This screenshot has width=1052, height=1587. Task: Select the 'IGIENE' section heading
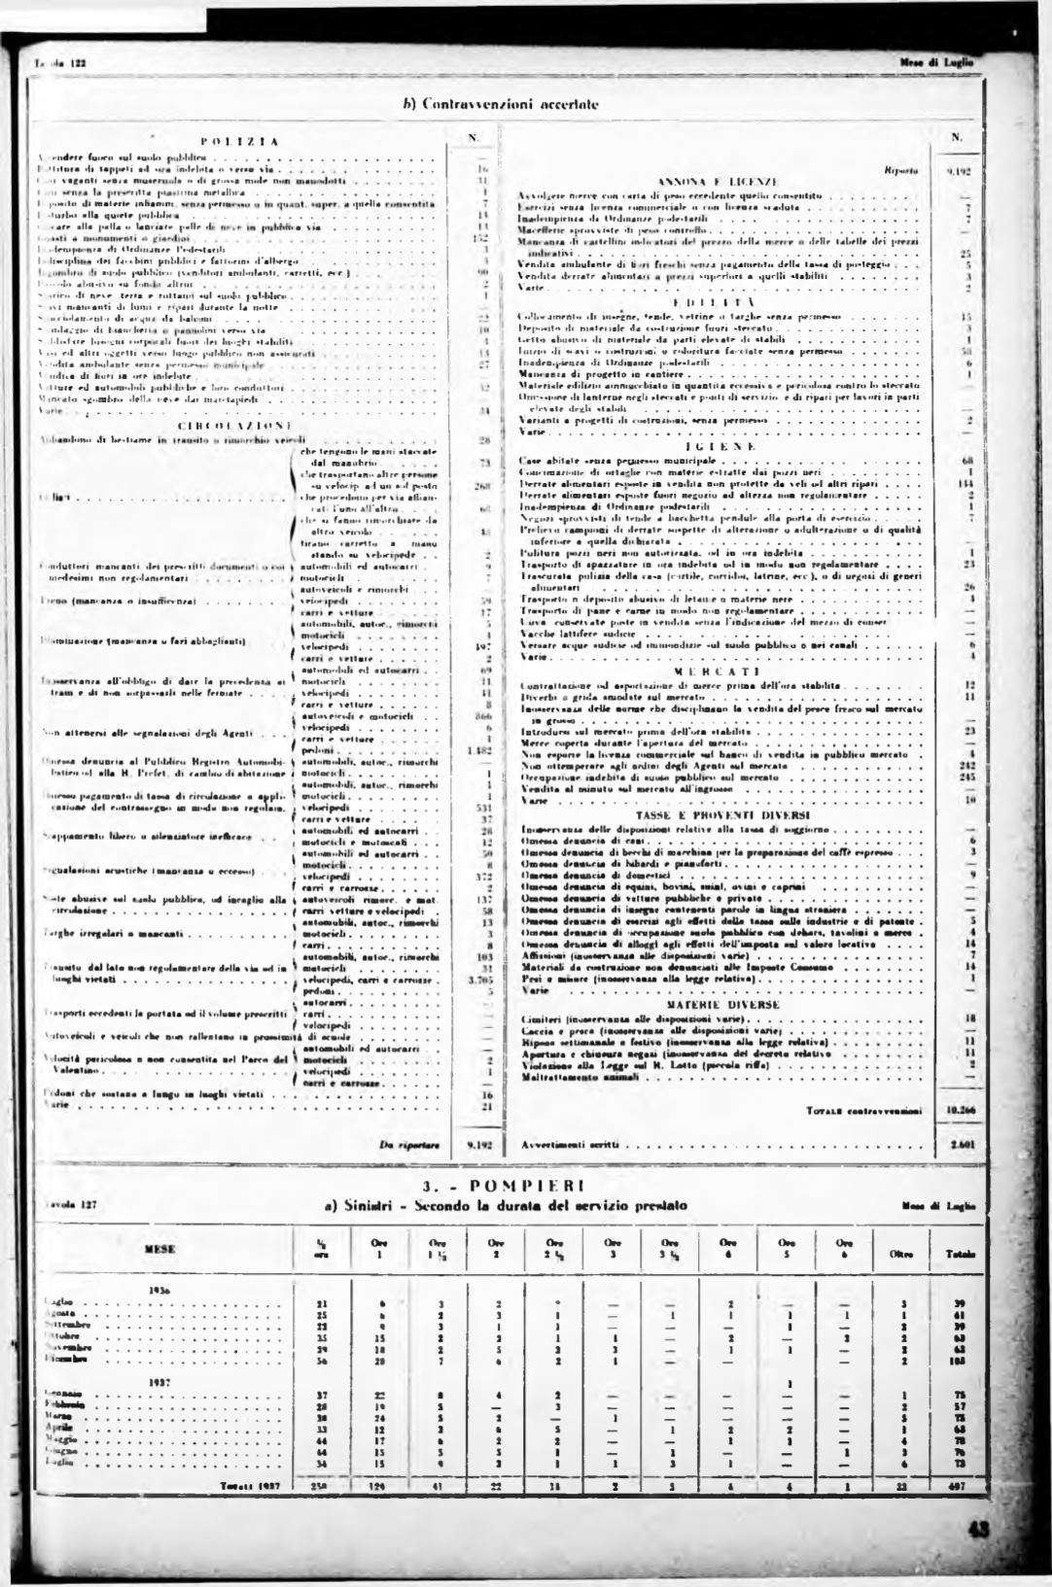tap(720, 444)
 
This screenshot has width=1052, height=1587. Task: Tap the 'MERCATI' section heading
tap(719, 671)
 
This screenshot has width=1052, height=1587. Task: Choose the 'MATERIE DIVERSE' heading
tap(720, 1002)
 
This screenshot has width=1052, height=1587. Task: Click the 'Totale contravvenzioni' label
tap(870, 1109)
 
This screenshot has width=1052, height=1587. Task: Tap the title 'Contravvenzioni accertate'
tap(500, 101)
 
